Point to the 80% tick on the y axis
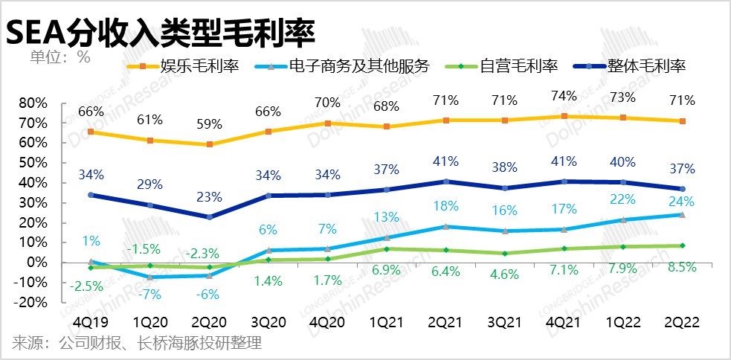pyautogui.click(x=33, y=103)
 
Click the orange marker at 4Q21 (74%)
pyautogui.click(x=564, y=116)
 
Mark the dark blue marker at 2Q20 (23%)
pyautogui.click(x=209, y=217)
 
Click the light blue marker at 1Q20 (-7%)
pyautogui.click(x=149, y=277)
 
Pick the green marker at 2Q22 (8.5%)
pyautogui.click(x=682, y=245)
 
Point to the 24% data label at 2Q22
pyautogui.click(x=682, y=201)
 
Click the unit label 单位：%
pyautogui.click(x=60, y=57)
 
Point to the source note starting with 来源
pyautogui.click(x=137, y=343)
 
